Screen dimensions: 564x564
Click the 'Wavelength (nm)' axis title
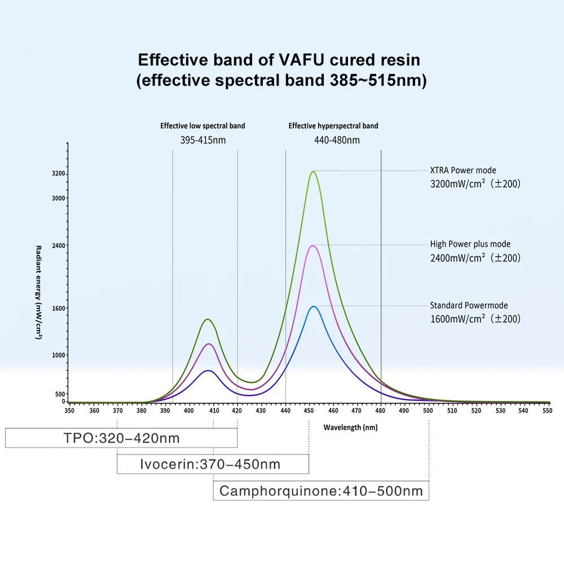pos(350,428)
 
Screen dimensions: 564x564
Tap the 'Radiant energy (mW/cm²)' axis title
pos(39,292)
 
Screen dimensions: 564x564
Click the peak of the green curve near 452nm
pos(313,171)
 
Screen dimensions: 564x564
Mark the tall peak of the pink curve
pos(312,245)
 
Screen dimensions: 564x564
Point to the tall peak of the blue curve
pos(312,306)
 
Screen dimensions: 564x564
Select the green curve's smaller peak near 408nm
pos(208,319)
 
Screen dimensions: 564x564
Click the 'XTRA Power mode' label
pos(463,170)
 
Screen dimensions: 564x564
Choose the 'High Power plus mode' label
pos(470,244)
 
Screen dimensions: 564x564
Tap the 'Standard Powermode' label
pos(469,305)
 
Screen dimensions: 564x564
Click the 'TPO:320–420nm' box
pos(121,438)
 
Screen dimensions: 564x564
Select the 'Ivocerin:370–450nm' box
pos(213,464)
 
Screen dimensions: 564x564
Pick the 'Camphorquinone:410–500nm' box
pos(321,491)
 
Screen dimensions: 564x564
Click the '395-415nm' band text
pos(203,140)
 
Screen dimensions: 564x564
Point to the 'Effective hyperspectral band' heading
pos(333,126)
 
